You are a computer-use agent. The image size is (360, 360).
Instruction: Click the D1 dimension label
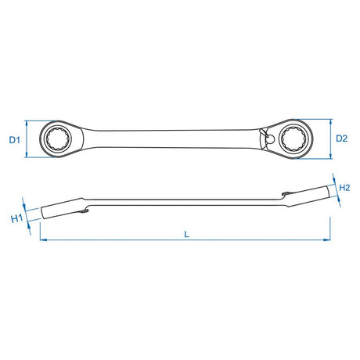click(13, 139)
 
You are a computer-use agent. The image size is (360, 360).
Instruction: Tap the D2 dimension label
click(341, 139)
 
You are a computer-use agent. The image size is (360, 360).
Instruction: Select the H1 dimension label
click(16, 218)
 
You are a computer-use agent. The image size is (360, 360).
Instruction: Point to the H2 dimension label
click(344, 187)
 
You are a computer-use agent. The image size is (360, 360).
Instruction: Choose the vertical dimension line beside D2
click(329, 139)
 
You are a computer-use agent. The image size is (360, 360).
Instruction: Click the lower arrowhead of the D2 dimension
click(329, 154)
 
